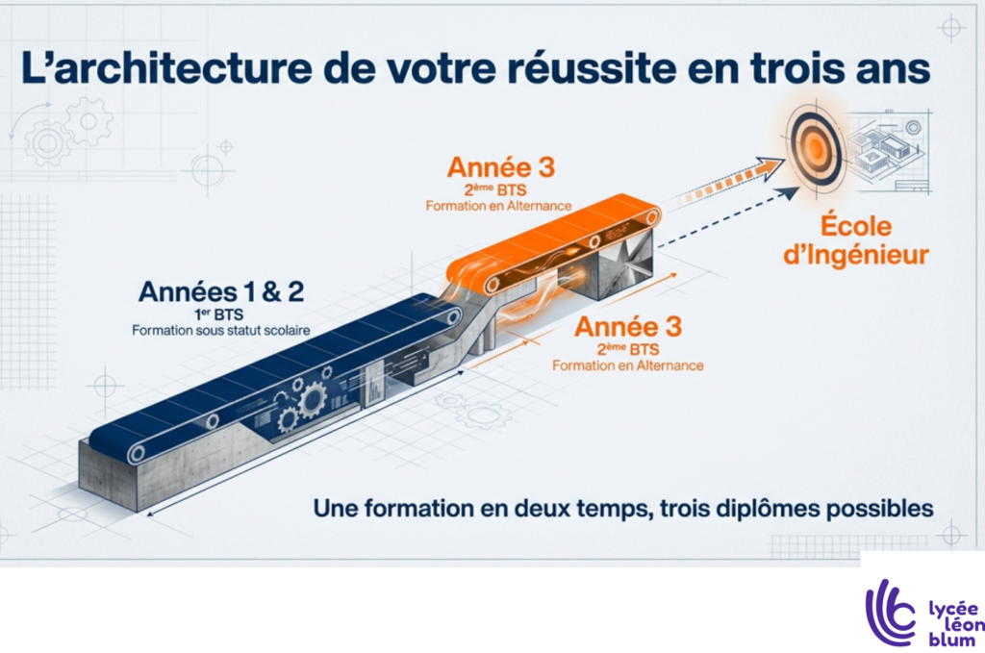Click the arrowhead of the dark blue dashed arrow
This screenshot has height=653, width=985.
click(x=788, y=193)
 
